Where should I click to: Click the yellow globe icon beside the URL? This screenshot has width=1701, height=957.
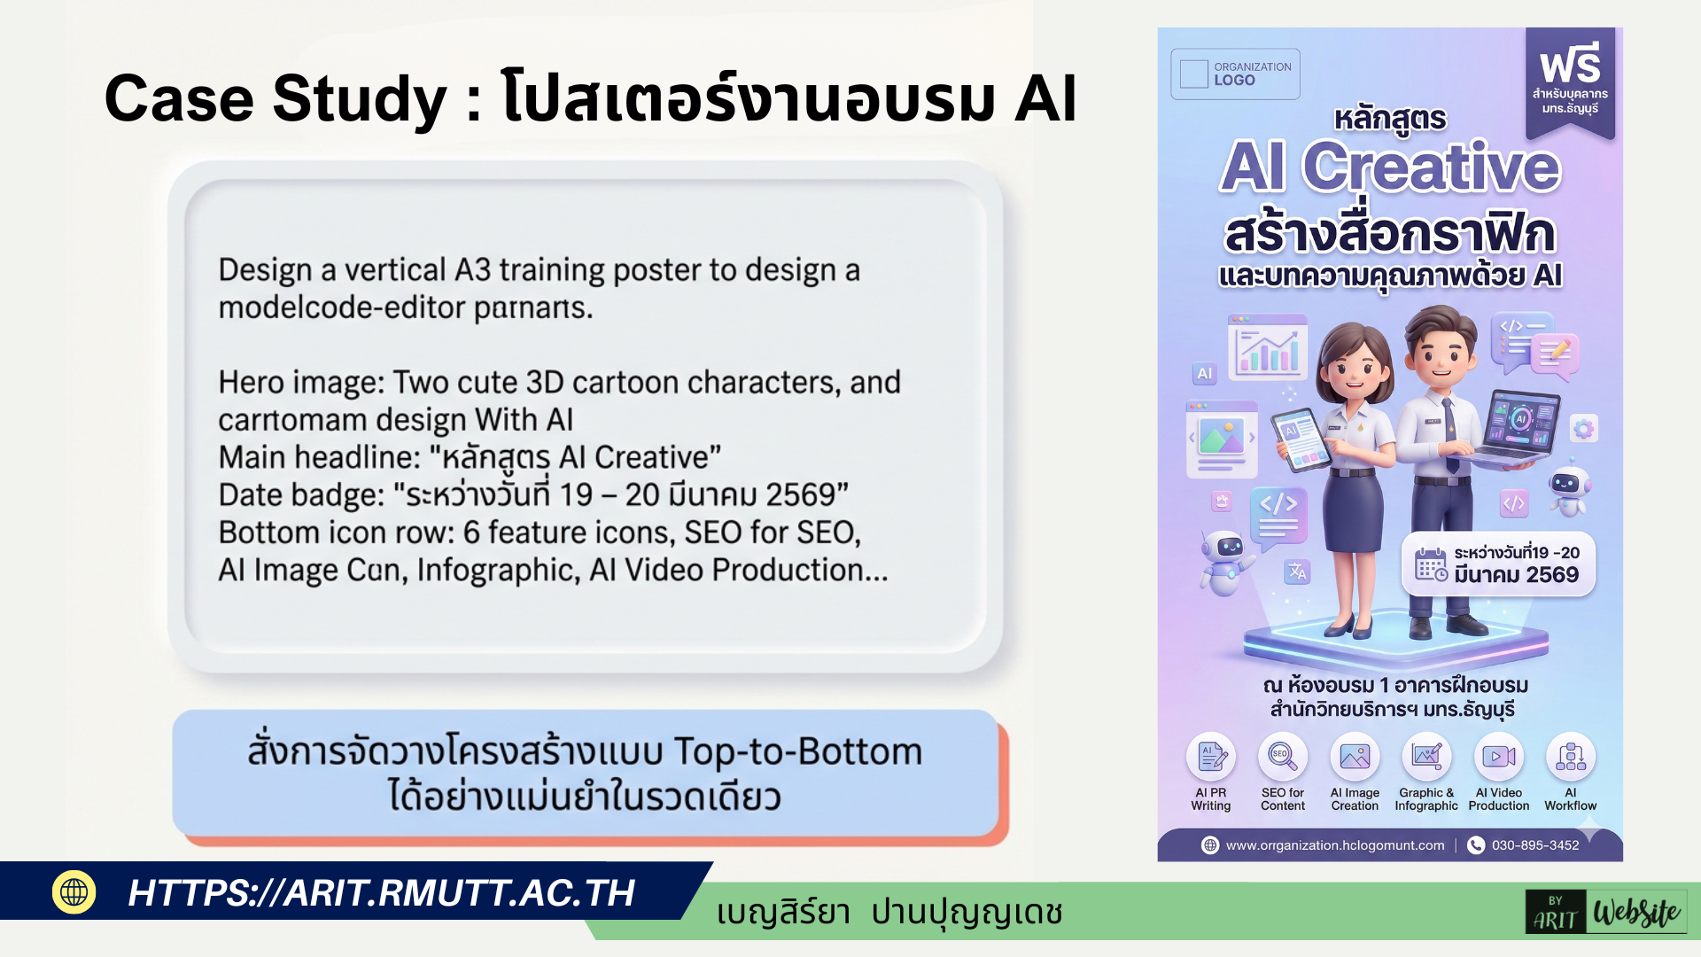(x=74, y=891)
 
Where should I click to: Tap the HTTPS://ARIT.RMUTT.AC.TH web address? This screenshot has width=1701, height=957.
(x=381, y=893)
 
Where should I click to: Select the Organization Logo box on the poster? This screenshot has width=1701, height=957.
(x=1235, y=74)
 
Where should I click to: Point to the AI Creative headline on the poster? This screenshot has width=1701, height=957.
(x=1389, y=167)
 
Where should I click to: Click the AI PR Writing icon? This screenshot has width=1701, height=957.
(x=1211, y=757)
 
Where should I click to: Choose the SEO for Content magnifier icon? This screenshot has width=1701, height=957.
(x=1282, y=757)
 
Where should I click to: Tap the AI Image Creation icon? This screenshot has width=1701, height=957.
(x=1355, y=757)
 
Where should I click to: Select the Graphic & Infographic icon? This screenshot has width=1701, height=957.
(x=1426, y=757)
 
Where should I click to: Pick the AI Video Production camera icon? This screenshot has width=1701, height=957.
(x=1498, y=757)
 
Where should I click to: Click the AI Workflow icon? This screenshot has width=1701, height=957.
(x=1571, y=757)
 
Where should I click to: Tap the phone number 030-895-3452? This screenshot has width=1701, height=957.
(x=1534, y=845)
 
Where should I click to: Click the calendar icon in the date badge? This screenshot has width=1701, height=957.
(x=1431, y=564)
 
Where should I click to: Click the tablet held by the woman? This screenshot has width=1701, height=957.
(x=1301, y=440)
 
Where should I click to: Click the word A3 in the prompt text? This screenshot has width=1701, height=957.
(x=472, y=269)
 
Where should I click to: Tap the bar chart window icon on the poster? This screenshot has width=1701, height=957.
(x=1268, y=347)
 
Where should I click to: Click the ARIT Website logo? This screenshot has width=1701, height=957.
(x=1605, y=912)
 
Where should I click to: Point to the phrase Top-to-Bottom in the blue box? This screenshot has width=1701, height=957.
(x=797, y=751)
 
